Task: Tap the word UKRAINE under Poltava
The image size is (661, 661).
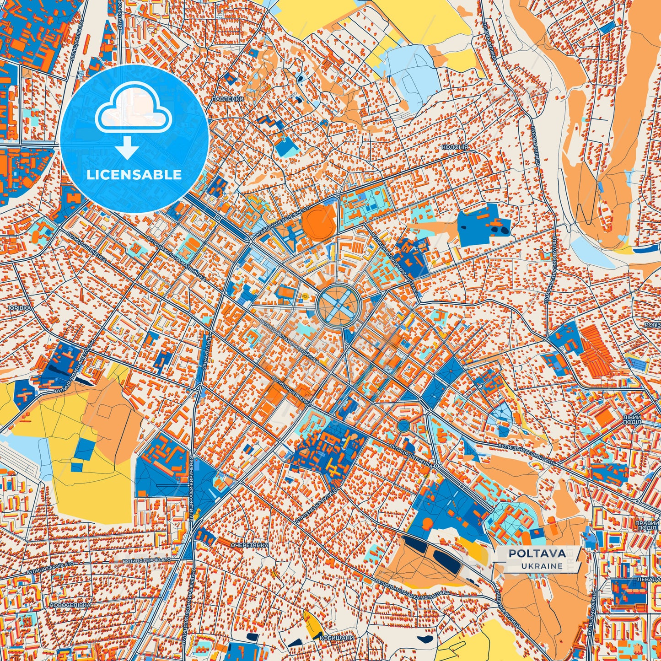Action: coord(542,566)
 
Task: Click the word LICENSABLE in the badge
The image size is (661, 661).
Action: coord(134,175)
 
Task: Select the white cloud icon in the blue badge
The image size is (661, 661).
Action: coord(133,111)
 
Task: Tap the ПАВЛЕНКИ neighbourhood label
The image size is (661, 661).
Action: coord(228,99)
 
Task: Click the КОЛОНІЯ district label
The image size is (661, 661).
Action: coord(455,147)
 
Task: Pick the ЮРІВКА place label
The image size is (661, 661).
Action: coord(19,308)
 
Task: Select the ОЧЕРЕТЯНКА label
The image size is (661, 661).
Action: coord(249,546)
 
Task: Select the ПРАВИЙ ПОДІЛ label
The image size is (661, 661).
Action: coord(646,525)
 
